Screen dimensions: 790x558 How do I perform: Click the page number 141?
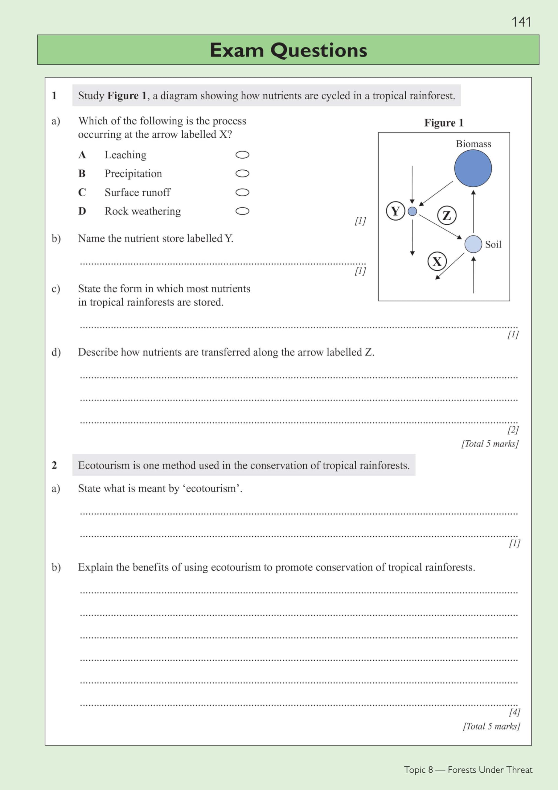(521, 22)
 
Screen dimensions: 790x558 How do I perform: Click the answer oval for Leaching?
(242, 155)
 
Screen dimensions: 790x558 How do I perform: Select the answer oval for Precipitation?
(242, 173)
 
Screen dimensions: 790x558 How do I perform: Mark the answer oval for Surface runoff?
(242, 192)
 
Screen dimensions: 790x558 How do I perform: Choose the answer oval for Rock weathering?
(242, 211)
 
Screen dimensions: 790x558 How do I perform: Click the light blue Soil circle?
(473, 244)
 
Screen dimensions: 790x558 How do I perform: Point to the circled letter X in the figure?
(437, 261)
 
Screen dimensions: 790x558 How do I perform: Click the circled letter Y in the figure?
(396, 211)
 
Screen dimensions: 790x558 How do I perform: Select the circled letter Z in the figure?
(447, 215)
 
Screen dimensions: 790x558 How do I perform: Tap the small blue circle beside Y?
(412, 211)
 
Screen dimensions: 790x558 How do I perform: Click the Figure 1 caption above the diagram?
(444, 123)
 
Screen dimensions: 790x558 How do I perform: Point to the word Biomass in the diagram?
(474, 144)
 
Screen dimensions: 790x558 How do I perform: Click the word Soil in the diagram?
(493, 245)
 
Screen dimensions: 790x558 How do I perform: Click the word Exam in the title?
(236, 50)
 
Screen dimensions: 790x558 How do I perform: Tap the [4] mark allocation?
(514, 712)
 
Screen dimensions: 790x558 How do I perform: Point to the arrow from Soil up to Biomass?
(474, 212)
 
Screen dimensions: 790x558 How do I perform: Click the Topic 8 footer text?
(418, 769)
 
